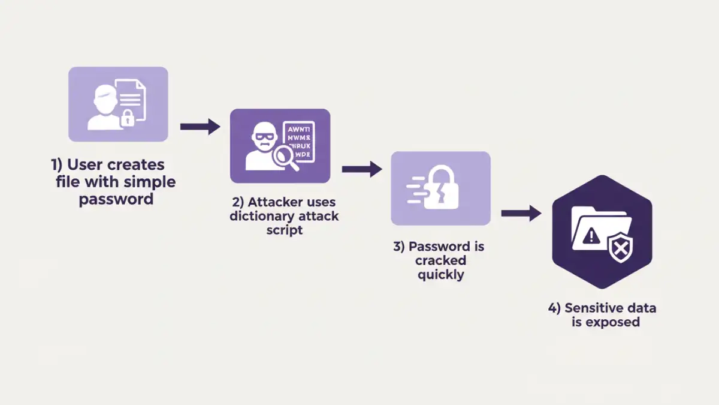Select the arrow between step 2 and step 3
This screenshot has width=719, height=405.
[362, 169]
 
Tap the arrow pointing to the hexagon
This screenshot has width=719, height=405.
[521, 213]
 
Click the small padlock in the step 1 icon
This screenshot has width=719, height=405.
[127, 118]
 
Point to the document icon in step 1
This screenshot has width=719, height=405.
[131, 96]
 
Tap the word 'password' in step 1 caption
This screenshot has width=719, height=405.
[116, 199]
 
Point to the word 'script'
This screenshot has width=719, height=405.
[284, 230]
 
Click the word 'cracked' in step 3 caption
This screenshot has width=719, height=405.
[441, 261]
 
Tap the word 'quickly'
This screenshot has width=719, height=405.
[441, 275]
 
